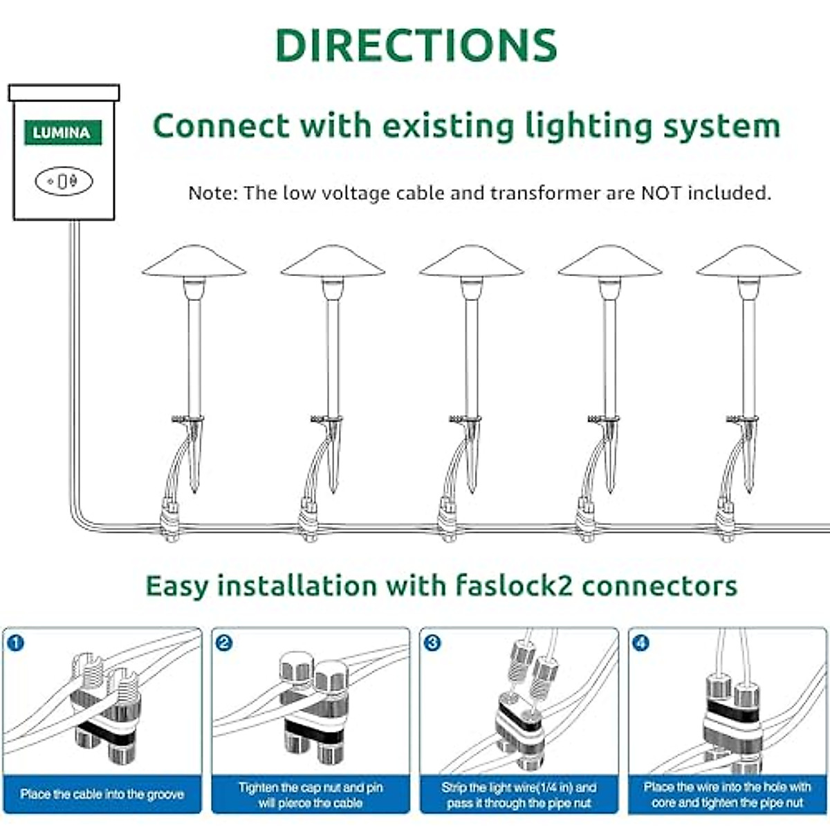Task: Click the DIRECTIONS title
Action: (x=416, y=46)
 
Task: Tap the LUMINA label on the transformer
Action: (x=62, y=132)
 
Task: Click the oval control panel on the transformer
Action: (x=64, y=181)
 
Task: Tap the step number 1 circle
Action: (x=15, y=643)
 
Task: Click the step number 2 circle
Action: (x=223, y=643)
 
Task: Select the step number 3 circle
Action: (x=432, y=643)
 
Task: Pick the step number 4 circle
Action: (x=640, y=643)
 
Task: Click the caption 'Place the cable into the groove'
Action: (x=102, y=794)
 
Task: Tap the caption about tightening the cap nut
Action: (x=311, y=795)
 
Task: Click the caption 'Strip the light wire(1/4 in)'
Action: (x=519, y=795)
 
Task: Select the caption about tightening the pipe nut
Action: (x=727, y=795)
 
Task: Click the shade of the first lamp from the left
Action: (x=194, y=262)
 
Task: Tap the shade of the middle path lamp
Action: (x=471, y=262)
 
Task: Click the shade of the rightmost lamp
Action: (x=748, y=262)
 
